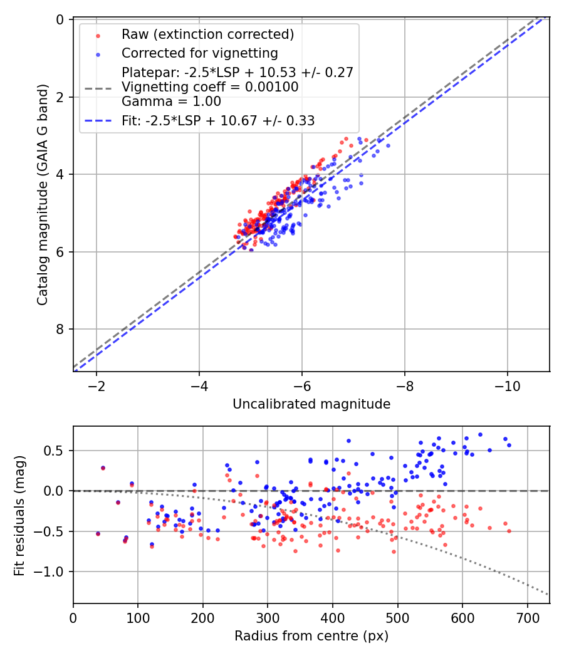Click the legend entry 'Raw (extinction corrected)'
pyautogui.click(x=207, y=34)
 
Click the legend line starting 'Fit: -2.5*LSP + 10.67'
pyautogui.click(x=217, y=120)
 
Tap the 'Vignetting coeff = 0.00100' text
pyautogui.click(x=210, y=87)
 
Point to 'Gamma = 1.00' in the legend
pyautogui.click(x=171, y=102)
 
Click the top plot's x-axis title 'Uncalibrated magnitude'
pyautogui.click(x=311, y=404)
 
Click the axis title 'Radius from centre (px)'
pyautogui.click(x=311, y=636)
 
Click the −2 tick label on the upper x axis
pyautogui.click(x=97, y=384)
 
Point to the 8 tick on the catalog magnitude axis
pyautogui.click(x=61, y=330)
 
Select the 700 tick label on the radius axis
pyautogui.click(x=527, y=617)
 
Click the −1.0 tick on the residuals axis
pyautogui.click(x=53, y=572)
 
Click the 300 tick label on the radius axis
pyautogui.click(x=268, y=617)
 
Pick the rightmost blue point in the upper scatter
pyautogui.click(x=388, y=145)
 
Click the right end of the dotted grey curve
pyautogui.click(x=548, y=594)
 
